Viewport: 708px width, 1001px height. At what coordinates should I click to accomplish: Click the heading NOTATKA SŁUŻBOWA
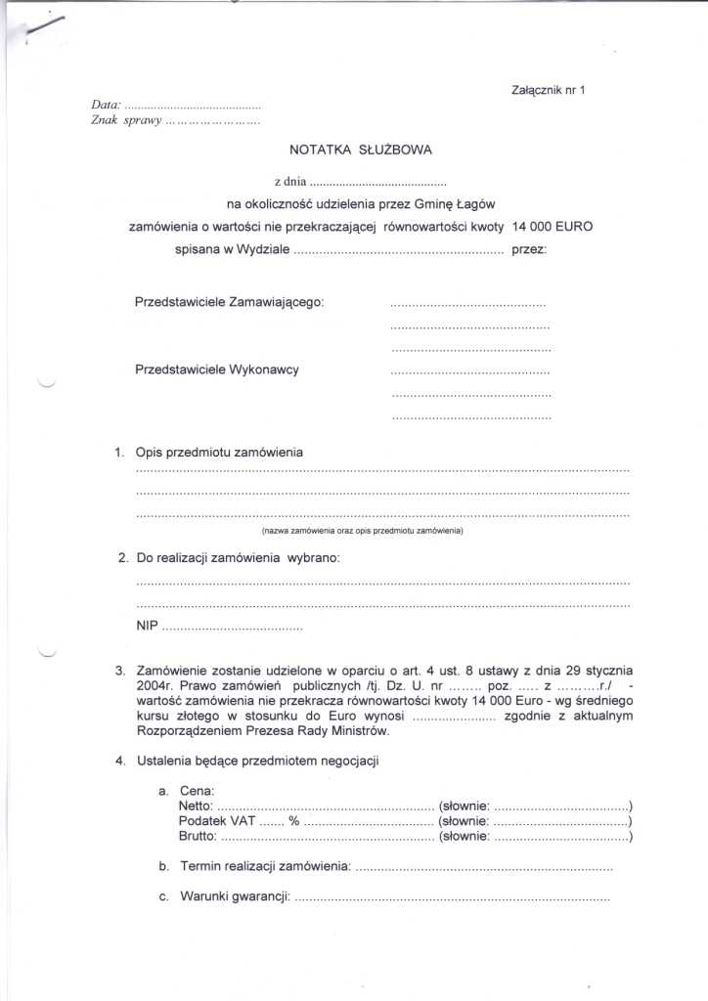pyautogui.click(x=360, y=151)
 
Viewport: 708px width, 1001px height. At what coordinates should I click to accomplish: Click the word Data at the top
pyautogui.click(x=105, y=105)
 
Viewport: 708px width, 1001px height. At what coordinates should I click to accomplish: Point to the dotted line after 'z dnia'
pyautogui.click(x=377, y=182)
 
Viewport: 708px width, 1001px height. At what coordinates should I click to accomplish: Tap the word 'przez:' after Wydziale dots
pyautogui.click(x=529, y=249)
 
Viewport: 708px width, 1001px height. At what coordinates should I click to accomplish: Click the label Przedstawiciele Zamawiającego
pyautogui.click(x=229, y=302)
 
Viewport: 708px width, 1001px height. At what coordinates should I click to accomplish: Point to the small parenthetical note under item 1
pyautogui.click(x=361, y=531)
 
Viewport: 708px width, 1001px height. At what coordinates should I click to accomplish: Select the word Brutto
pyautogui.click(x=199, y=837)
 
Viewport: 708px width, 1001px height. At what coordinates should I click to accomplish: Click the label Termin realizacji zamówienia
pyautogui.click(x=265, y=866)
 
